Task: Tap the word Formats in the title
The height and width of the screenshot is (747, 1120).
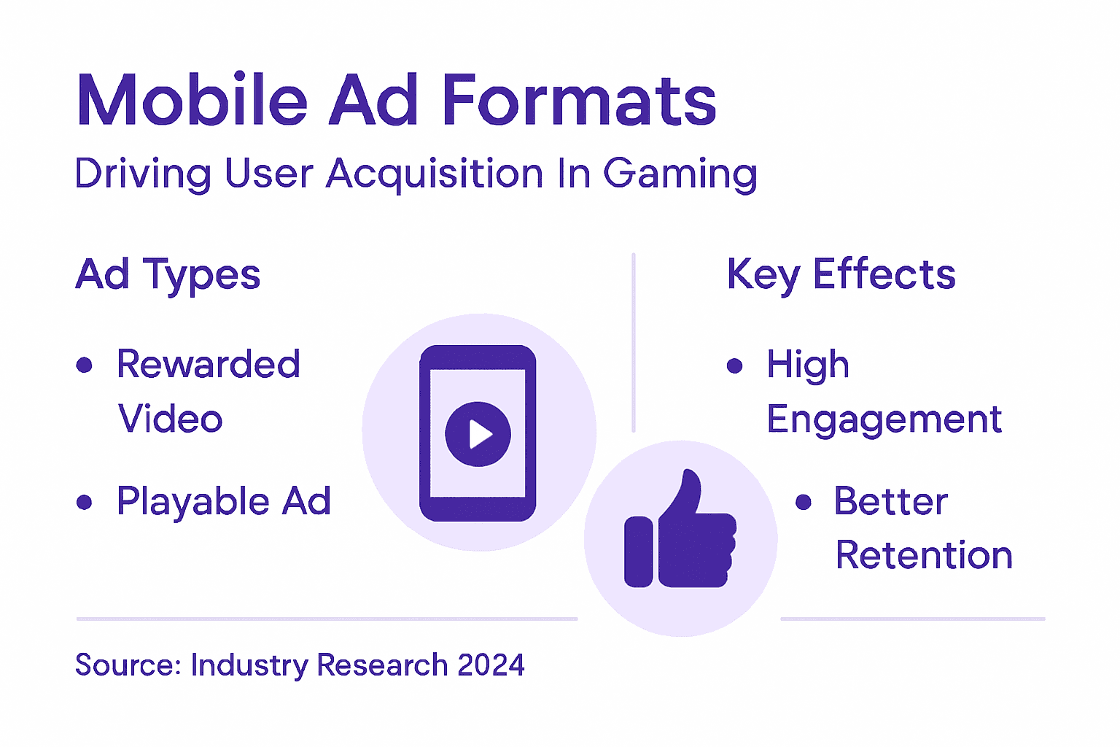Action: [x=580, y=100]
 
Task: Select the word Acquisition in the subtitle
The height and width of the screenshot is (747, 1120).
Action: [x=435, y=174]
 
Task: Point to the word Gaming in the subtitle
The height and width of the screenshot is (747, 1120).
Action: [x=680, y=174]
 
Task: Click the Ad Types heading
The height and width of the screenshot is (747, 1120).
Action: [x=168, y=275]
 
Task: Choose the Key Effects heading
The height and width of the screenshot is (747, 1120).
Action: [x=841, y=275]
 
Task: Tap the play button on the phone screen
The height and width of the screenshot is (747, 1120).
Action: [x=478, y=434]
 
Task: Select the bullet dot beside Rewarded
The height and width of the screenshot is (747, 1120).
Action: [x=85, y=365]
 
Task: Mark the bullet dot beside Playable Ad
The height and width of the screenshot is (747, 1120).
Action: [x=85, y=502]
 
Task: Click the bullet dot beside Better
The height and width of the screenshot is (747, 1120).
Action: [x=804, y=502]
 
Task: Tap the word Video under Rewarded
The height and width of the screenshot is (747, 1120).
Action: [x=171, y=419]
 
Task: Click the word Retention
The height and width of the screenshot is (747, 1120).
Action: [x=924, y=555]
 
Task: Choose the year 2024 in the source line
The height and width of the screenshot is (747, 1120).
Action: [x=491, y=665]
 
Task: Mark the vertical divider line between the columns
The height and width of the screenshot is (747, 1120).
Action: [x=634, y=343]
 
